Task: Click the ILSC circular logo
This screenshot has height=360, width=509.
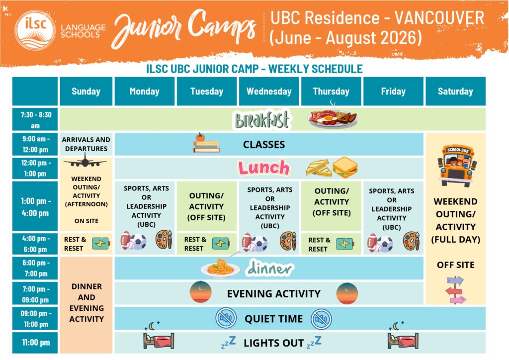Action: (35, 30)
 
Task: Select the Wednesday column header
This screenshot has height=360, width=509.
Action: (269, 91)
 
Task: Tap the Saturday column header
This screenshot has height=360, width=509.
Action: (455, 91)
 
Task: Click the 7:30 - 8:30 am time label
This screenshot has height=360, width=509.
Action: (35, 119)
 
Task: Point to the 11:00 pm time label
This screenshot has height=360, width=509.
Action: (35, 343)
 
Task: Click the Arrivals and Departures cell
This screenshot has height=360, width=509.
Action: (86, 144)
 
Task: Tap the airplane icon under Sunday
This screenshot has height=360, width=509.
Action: (85, 161)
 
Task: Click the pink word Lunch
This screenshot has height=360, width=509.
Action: (263, 168)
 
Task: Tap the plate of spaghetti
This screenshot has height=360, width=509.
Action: (221, 268)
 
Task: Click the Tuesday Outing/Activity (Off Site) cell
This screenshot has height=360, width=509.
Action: (206, 206)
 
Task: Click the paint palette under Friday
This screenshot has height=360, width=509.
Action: (411, 241)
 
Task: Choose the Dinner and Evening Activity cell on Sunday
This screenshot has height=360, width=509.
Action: (86, 305)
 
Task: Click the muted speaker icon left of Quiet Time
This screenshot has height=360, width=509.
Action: (226, 318)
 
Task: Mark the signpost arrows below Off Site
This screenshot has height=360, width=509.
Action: (456, 290)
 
